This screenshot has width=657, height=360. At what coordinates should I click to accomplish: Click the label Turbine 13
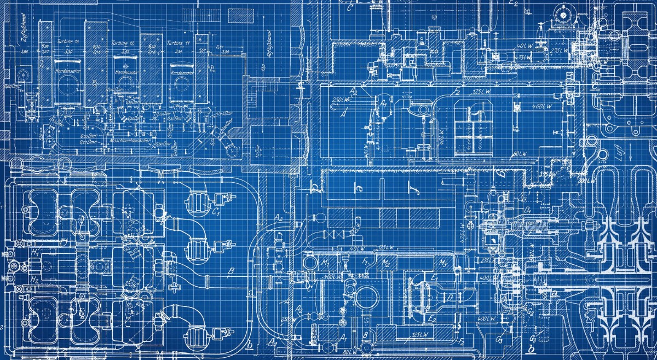point(69,42)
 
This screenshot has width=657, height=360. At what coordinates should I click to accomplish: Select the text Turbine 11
point(180,42)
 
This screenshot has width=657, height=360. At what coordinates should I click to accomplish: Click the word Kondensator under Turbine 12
point(125,72)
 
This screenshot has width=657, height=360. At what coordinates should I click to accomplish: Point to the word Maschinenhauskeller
point(130,140)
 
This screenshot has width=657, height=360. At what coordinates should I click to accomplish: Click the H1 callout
point(35,252)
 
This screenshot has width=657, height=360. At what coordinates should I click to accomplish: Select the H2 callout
point(35,279)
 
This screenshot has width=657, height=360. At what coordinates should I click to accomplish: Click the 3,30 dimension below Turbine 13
point(69,51)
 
